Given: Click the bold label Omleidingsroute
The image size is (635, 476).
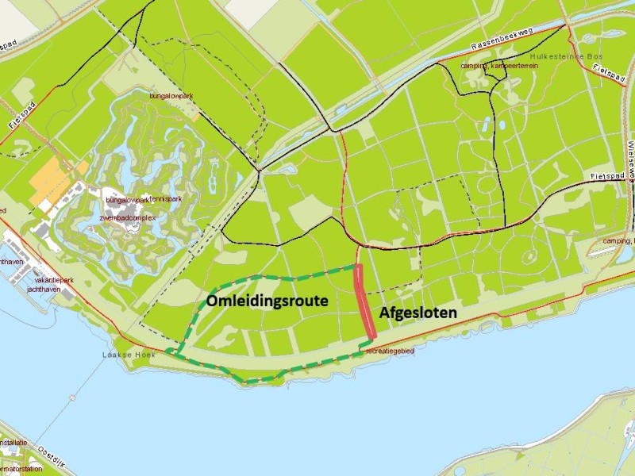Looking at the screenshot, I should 267,301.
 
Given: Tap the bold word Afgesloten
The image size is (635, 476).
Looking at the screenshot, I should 418,313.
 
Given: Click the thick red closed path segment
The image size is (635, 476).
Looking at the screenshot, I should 364,301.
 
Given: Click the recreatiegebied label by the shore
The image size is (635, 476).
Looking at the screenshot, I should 391,351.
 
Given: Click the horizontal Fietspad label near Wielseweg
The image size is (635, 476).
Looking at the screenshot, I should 609,176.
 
